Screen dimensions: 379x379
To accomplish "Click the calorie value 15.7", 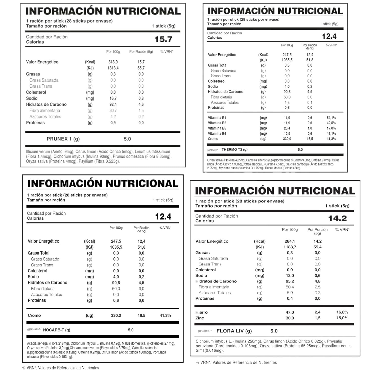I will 163,39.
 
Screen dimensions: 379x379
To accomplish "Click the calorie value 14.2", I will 337,218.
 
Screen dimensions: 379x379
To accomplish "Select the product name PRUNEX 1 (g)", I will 63,139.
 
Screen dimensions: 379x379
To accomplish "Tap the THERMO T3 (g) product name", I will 234,150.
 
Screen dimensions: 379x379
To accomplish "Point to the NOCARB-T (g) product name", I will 57,330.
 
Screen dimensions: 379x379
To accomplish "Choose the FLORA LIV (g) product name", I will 234,331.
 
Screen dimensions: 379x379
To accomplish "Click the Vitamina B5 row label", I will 217,128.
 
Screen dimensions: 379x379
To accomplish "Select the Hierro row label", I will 201,312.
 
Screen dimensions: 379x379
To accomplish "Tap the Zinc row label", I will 200,318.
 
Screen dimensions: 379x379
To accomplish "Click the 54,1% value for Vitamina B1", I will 331,118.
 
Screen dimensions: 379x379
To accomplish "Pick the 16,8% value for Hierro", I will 342,312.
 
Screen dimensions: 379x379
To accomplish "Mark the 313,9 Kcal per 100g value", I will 113,62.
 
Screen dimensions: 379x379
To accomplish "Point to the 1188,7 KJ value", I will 290,247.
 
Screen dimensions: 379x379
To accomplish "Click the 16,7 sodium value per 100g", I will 113,98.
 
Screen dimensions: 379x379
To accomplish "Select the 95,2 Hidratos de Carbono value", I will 290,281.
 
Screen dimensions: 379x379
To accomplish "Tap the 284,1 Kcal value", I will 290,241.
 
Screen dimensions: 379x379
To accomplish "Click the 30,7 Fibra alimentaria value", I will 113,110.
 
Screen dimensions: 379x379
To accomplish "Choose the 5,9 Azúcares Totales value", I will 290,293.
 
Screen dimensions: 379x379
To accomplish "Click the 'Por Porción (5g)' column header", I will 317,231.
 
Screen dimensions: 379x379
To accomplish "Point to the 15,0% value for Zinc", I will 342,318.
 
